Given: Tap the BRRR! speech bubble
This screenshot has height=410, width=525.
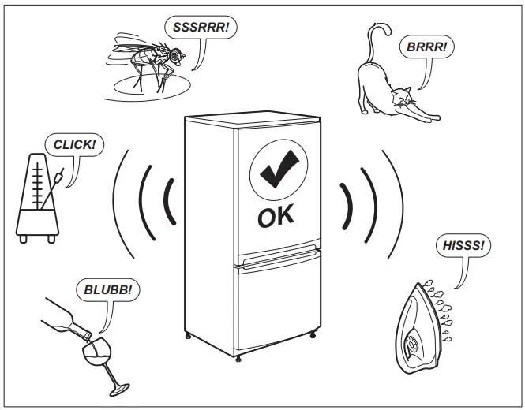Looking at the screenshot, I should point(426,47).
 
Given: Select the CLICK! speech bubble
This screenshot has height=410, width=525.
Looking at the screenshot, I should point(74,145).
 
